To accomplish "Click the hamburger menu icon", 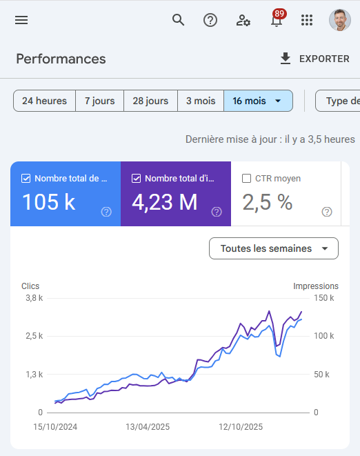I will tap(21, 20).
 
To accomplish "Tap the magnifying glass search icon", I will tap(179, 20).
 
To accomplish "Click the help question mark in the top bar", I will tap(210, 20).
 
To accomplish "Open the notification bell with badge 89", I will tap(277, 20).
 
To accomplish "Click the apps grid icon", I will tap(307, 20).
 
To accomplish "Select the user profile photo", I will tap(339, 20).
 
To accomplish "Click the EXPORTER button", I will tap(314, 59).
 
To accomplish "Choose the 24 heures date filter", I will tap(44, 101).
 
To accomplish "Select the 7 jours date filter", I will tap(99, 101).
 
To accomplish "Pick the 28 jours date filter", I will tap(150, 101).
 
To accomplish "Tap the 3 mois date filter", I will tap(201, 101).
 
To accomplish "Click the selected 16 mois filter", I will tap(257, 101).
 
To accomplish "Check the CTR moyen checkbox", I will tap(247, 179).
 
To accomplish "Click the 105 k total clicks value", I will tap(49, 202).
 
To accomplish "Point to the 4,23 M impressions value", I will tap(164, 202).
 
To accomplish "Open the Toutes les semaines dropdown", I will tap(273, 248).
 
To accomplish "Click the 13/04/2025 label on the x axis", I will tap(148, 427).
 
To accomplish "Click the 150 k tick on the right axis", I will tap(324, 299).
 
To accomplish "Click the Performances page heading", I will tap(61, 59).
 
